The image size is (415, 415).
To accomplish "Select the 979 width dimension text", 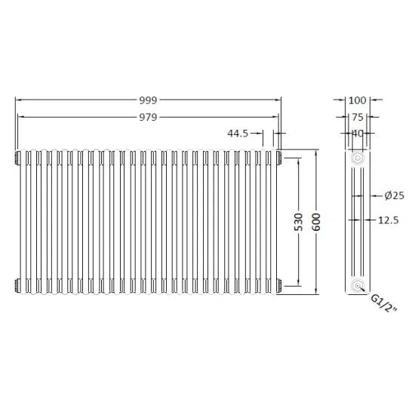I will click(x=148, y=116).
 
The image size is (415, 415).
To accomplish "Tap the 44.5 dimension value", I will click(x=238, y=134).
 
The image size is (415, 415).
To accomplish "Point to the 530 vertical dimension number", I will click(x=300, y=221).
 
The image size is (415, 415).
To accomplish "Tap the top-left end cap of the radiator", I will click(x=17, y=156).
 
